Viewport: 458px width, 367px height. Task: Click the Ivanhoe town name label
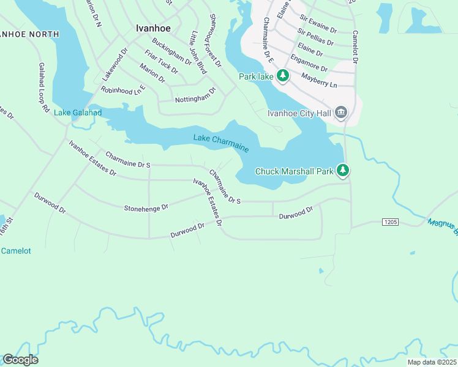coord(152,28)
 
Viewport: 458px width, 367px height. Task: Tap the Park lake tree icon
coord(282,76)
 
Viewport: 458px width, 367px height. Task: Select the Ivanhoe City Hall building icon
coord(342,112)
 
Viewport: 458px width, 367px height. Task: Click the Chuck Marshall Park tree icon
coord(344,171)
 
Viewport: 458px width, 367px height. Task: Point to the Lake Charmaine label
coord(221,143)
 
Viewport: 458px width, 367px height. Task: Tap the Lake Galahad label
coord(78,112)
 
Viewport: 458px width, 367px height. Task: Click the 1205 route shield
coord(390,221)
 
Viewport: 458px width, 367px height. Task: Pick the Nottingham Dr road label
coord(195,95)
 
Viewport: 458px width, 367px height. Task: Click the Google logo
coord(20,360)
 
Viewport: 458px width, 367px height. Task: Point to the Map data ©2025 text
coord(431,362)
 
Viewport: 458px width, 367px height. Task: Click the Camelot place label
coord(16,251)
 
